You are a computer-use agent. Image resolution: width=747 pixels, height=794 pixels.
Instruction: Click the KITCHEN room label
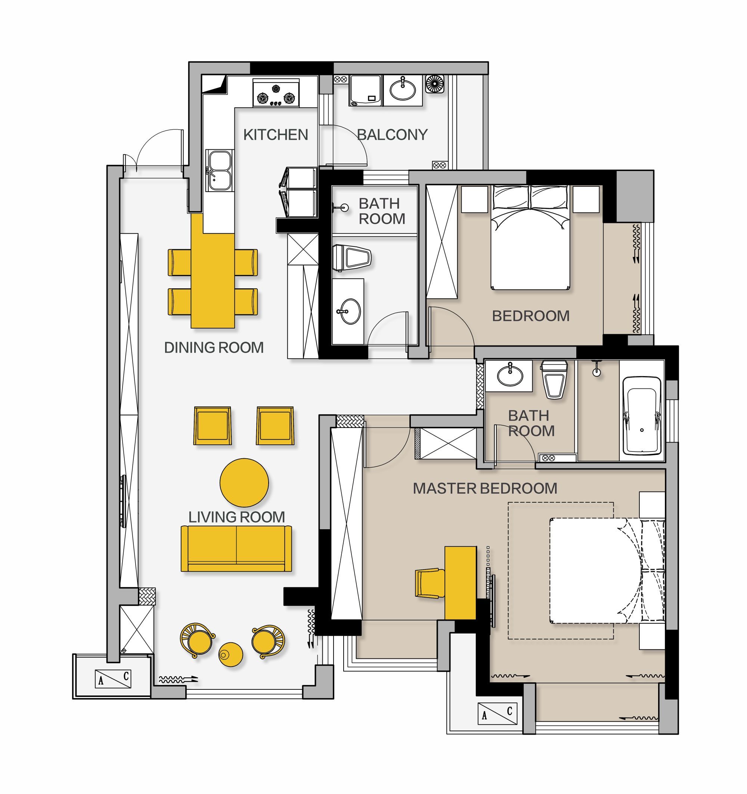point(276,134)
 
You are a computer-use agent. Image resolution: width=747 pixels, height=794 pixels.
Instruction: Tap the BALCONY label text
point(392,134)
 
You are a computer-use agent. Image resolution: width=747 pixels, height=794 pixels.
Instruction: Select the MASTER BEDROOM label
point(484,489)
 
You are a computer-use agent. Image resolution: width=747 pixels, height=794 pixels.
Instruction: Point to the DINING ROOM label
point(214,347)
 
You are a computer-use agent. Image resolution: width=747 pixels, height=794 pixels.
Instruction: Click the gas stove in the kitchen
point(276,93)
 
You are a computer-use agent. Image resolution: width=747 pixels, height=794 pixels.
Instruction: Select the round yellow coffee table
point(244,483)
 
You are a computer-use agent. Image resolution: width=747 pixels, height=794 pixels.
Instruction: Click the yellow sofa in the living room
point(236,549)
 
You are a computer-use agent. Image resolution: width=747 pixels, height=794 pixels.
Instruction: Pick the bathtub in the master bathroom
point(642,416)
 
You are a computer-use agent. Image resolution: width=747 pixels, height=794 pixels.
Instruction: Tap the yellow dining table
point(213,271)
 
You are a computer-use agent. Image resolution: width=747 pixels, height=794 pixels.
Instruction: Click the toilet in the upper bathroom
point(352,257)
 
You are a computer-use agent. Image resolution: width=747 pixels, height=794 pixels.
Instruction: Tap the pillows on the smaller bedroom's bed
point(530,198)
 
